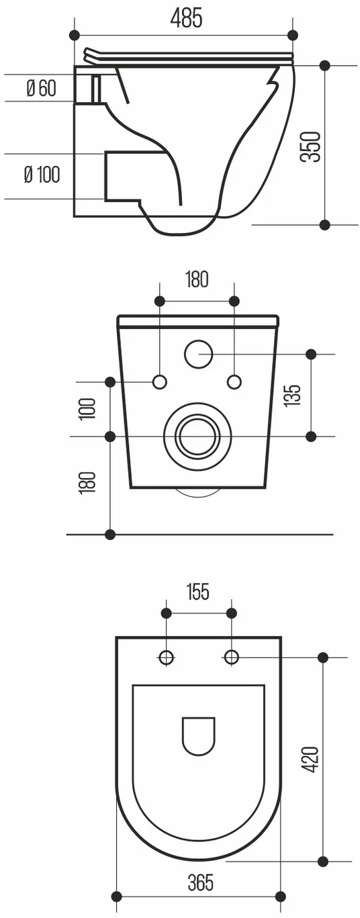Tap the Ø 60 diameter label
click(x=41, y=88)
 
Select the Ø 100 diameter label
click(x=42, y=175)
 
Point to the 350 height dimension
click(x=310, y=146)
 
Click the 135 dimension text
click(x=294, y=395)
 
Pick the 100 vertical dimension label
click(x=88, y=408)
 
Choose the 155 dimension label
click(x=198, y=592)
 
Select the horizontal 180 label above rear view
click(x=197, y=279)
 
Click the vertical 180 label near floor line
click(x=88, y=482)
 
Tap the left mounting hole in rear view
click(x=160, y=382)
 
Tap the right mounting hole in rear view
click(x=234, y=382)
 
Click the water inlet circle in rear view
click(x=198, y=354)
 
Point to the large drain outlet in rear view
click(x=197, y=436)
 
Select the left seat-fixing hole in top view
click(x=166, y=657)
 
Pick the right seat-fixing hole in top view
click(x=231, y=657)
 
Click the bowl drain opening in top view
click(x=198, y=737)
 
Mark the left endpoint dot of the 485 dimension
click(x=74, y=35)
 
